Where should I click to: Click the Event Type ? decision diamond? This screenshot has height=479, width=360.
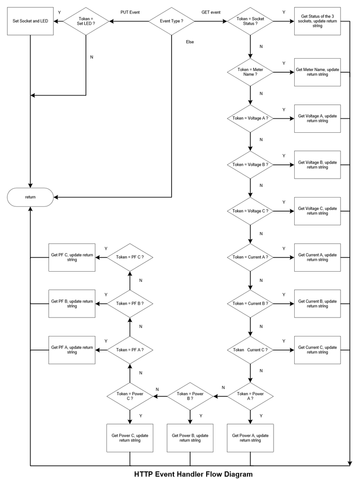coord(171,21)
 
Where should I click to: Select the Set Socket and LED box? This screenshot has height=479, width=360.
coord(30,22)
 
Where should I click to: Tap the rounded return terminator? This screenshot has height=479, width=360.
coord(30,197)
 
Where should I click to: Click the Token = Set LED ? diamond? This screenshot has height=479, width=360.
coord(85,21)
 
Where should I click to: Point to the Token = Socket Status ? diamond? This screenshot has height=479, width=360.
coord(250,22)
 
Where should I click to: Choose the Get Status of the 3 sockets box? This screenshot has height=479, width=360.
coord(317,22)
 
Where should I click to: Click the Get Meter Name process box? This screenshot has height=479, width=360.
coord(317,72)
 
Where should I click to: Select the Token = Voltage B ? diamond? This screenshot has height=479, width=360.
coord(250,165)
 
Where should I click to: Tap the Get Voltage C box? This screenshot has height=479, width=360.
coord(317,211)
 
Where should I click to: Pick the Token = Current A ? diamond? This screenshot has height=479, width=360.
coord(250,257)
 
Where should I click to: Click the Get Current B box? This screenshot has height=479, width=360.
coord(317,304)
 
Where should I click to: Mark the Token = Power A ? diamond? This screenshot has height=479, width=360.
coord(250,396)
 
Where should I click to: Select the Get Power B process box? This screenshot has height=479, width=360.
coord(190,437)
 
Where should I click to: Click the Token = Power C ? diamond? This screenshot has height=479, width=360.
coord(130,396)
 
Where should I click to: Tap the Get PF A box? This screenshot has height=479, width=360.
coord(72,350)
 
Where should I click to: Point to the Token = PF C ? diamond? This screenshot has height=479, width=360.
coord(130,257)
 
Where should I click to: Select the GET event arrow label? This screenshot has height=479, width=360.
coord(211,12)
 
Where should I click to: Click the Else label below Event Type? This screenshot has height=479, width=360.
coord(190,42)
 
